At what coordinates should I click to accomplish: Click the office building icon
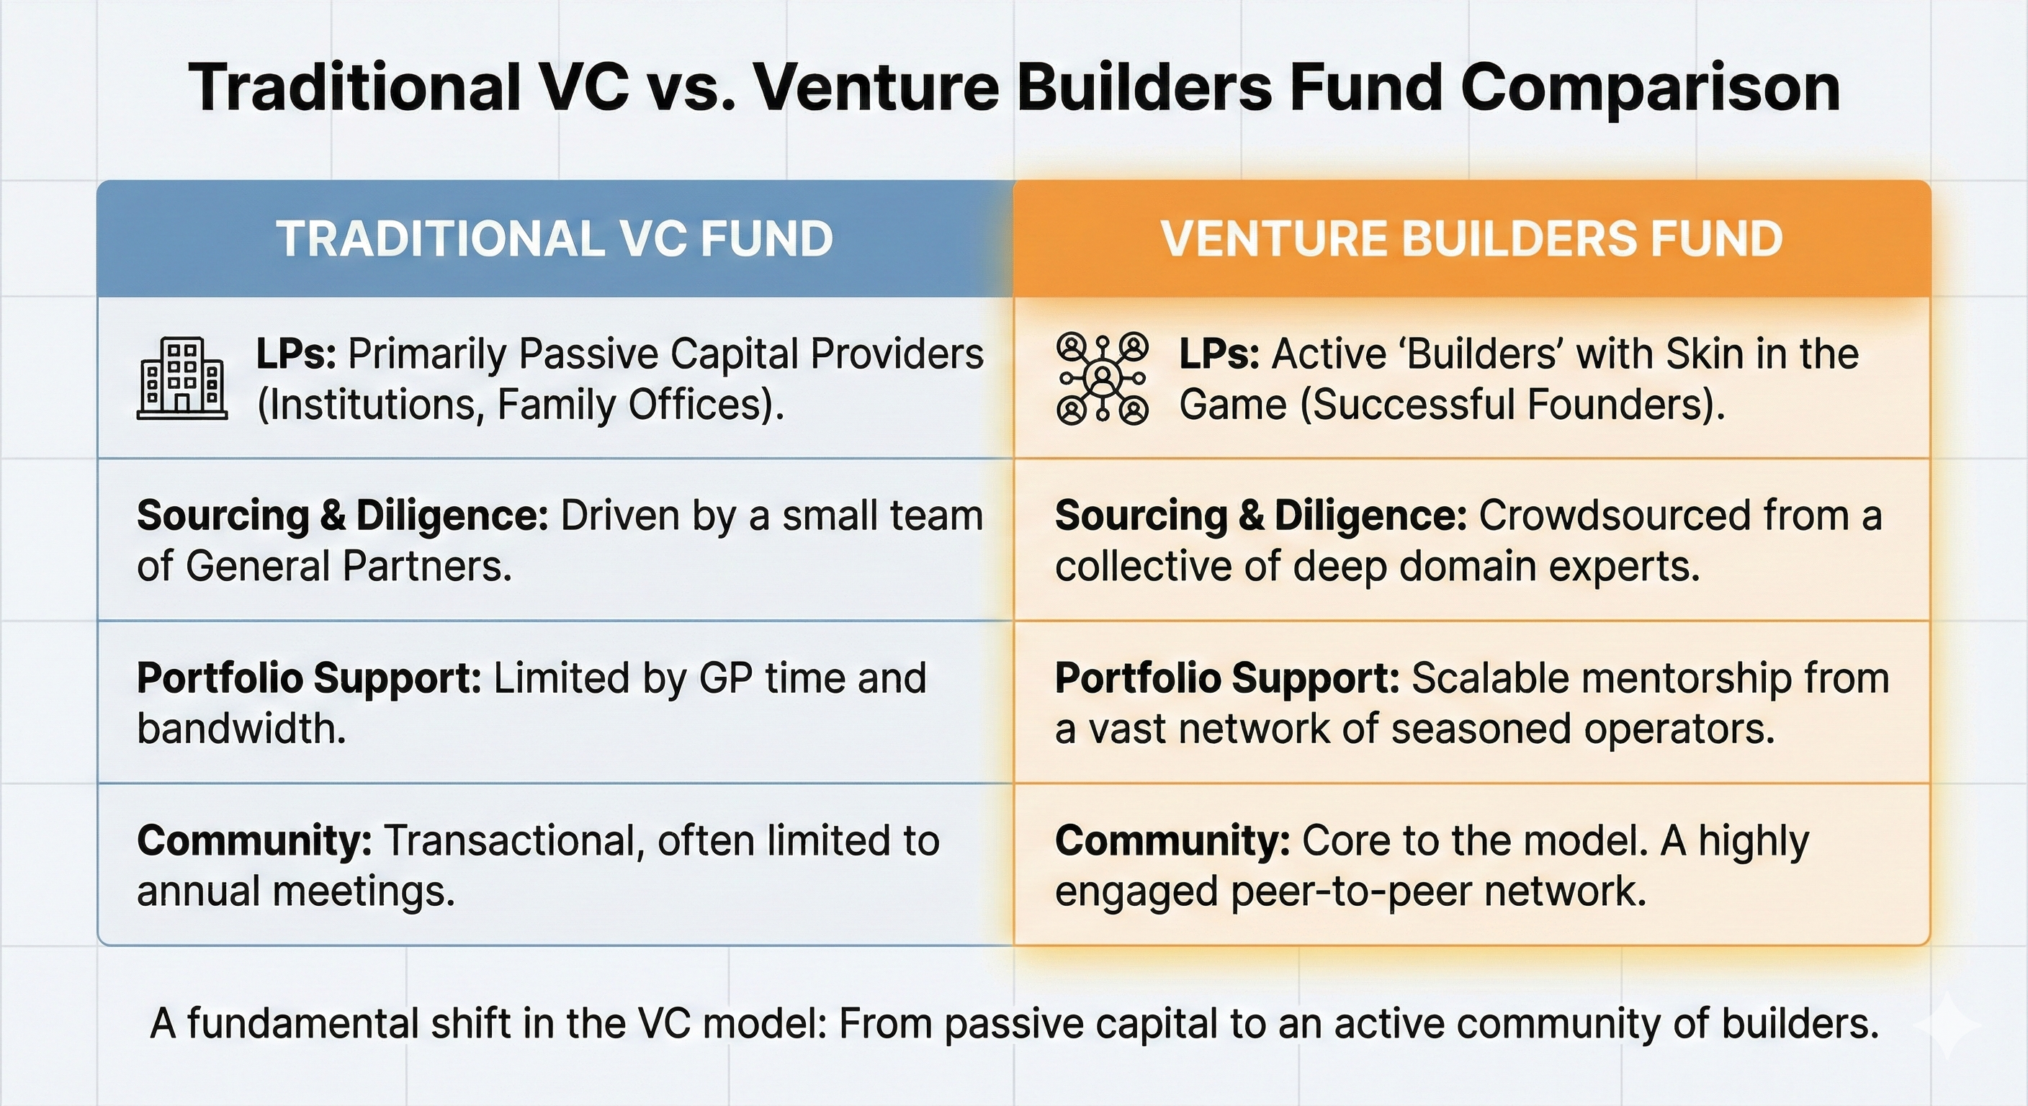tap(182, 378)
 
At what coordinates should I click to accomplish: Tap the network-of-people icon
tap(1101, 378)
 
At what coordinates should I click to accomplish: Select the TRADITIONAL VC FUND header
tap(555, 238)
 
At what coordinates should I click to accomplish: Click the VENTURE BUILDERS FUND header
tap(1471, 238)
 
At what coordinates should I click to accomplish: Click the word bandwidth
tap(241, 728)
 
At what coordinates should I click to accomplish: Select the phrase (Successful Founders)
tap(1512, 405)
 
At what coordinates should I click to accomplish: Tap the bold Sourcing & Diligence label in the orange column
tap(1260, 516)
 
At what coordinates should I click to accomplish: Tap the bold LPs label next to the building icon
tap(295, 354)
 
